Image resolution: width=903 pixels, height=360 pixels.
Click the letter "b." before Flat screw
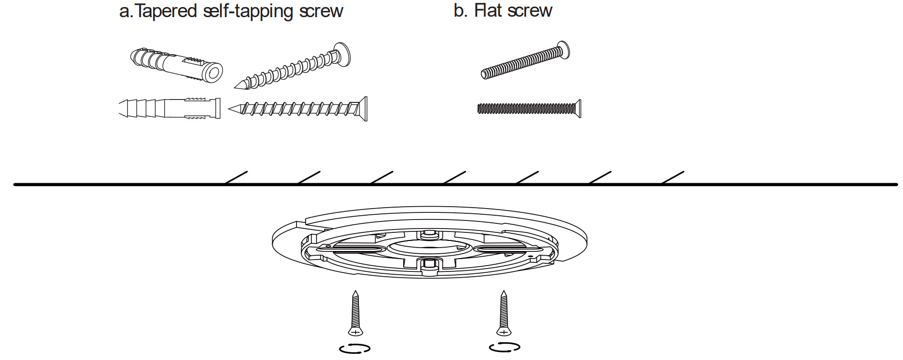(x=460, y=10)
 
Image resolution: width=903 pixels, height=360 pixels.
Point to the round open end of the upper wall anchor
(x=213, y=73)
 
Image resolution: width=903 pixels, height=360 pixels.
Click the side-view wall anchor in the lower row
(x=169, y=108)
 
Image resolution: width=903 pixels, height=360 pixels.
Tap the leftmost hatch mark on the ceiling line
(x=236, y=178)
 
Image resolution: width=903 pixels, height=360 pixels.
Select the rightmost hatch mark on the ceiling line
(x=673, y=178)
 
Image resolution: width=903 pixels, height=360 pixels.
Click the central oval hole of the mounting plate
(x=429, y=247)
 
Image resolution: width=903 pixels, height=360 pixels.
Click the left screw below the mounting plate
(x=355, y=313)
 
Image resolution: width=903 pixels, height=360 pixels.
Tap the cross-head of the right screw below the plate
(x=504, y=331)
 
